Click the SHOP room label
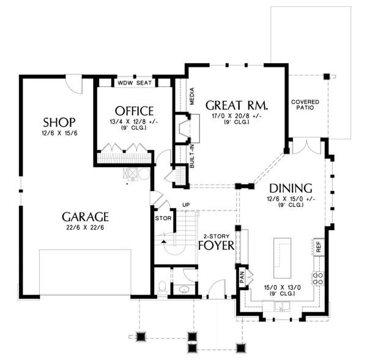click(x=59, y=121)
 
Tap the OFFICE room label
click(x=134, y=111)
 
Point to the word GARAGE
click(x=85, y=217)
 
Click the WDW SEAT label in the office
click(x=135, y=83)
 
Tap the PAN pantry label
click(x=242, y=277)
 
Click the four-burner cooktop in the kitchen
click(x=318, y=279)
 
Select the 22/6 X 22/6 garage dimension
click(x=85, y=229)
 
